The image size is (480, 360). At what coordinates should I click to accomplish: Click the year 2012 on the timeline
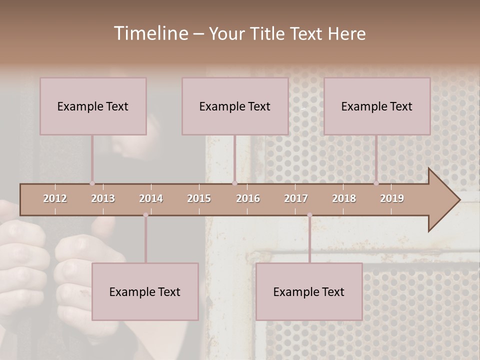[55, 198]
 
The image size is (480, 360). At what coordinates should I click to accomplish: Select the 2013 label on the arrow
[103, 198]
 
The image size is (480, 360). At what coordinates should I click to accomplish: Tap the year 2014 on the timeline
[151, 198]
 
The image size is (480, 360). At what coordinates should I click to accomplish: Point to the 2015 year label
[199, 198]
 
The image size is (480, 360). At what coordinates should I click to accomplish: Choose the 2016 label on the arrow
[248, 198]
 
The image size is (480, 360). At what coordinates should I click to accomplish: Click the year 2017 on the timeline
[296, 198]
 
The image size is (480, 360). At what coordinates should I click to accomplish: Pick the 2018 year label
[344, 198]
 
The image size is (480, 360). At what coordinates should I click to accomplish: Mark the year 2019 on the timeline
[392, 198]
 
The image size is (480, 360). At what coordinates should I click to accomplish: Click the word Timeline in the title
[150, 33]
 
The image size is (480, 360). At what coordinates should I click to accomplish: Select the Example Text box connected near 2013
[93, 106]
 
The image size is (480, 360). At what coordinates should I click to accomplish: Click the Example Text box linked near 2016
[235, 106]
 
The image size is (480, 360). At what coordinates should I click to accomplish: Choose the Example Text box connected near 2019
[377, 106]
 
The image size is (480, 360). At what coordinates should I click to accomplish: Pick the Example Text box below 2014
[145, 291]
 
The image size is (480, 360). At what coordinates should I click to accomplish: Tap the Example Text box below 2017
[309, 291]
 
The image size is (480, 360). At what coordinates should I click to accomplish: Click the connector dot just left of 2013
[92, 183]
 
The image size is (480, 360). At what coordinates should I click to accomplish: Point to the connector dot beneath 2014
[145, 215]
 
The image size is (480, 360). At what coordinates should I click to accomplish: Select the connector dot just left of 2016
[234, 183]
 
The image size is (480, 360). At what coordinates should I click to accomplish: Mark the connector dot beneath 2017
[309, 215]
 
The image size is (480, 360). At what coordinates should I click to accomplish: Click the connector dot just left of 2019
[376, 183]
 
